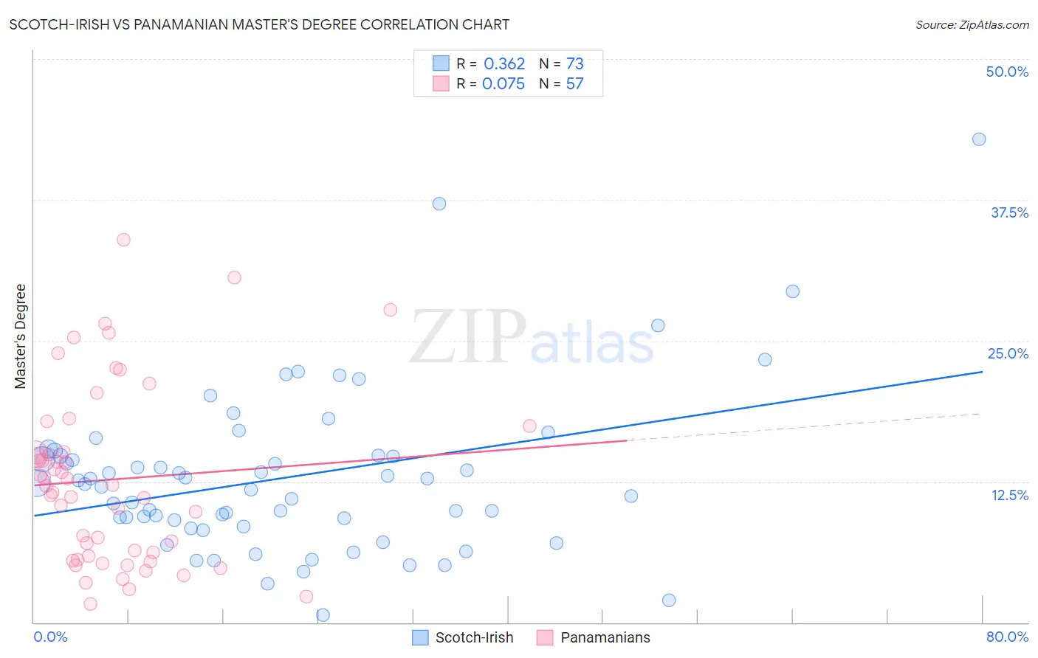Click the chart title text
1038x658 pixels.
point(259,24)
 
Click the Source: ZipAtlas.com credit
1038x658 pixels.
point(972,24)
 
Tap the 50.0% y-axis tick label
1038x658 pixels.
point(1007,72)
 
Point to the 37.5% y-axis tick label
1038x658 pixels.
point(1009,212)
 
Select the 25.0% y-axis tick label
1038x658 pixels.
point(1008,353)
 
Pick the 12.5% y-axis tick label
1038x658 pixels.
point(1009,495)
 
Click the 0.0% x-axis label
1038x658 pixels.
point(50,637)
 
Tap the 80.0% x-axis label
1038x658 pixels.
point(1007,637)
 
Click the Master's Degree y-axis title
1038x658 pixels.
point(21,336)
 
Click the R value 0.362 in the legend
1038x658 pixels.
point(504,64)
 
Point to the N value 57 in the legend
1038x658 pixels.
point(574,84)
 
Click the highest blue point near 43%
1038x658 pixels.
point(979,139)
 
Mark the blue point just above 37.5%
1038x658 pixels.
point(439,204)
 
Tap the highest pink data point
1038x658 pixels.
point(123,240)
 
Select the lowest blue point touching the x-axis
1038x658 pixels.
point(323,614)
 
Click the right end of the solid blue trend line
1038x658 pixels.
point(982,372)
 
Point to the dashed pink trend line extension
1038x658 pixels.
point(805,427)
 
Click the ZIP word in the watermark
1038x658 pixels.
point(468,337)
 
